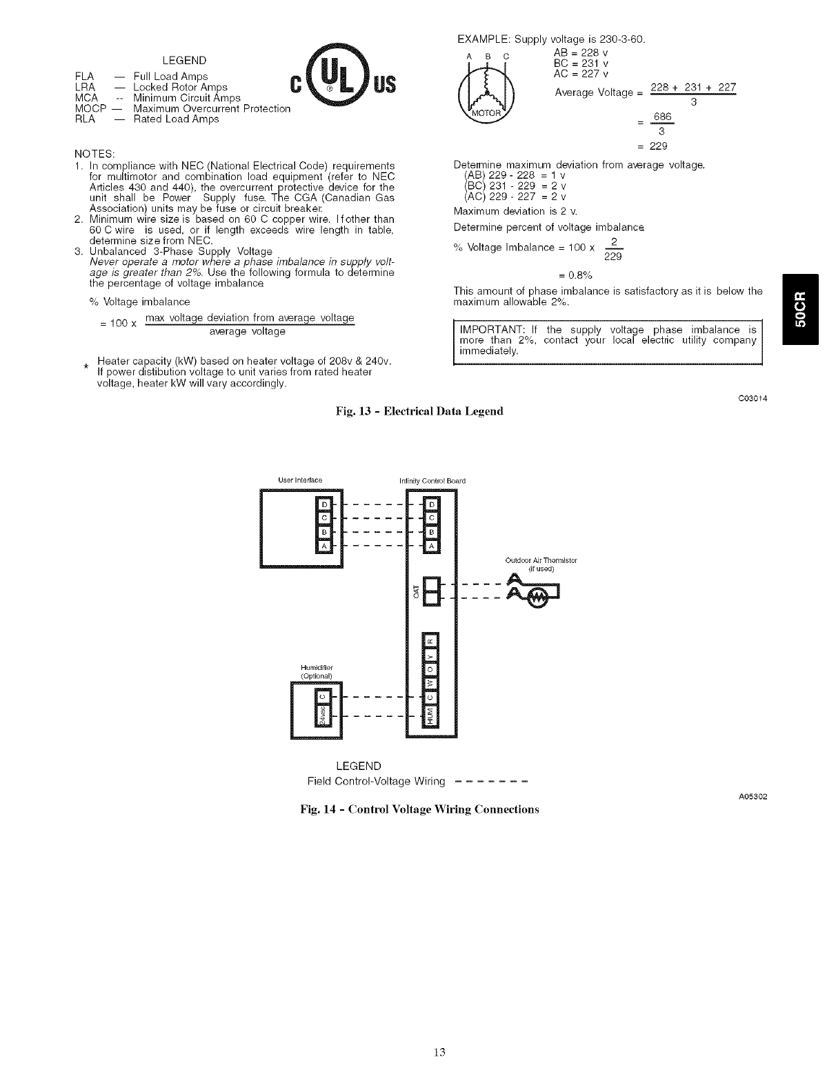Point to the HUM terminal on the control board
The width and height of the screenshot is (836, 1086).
pyautogui.click(x=432, y=718)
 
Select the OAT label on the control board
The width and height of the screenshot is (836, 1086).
pyautogui.click(x=415, y=591)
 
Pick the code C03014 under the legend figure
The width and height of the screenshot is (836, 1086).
pyautogui.click(x=753, y=399)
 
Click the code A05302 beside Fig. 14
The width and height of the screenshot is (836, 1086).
pyautogui.click(x=753, y=796)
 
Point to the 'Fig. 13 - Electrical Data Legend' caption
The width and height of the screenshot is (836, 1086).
pyautogui.click(x=419, y=411)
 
